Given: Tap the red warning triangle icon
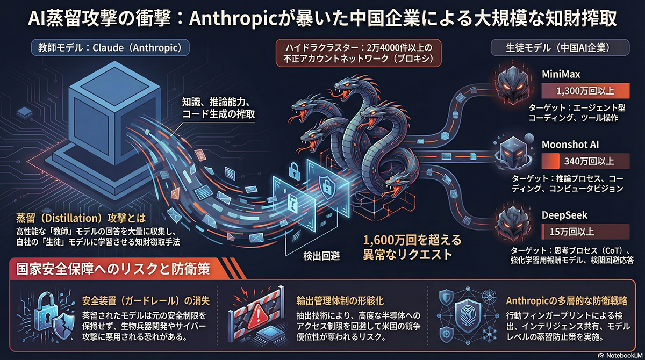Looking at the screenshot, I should point(253,315).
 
